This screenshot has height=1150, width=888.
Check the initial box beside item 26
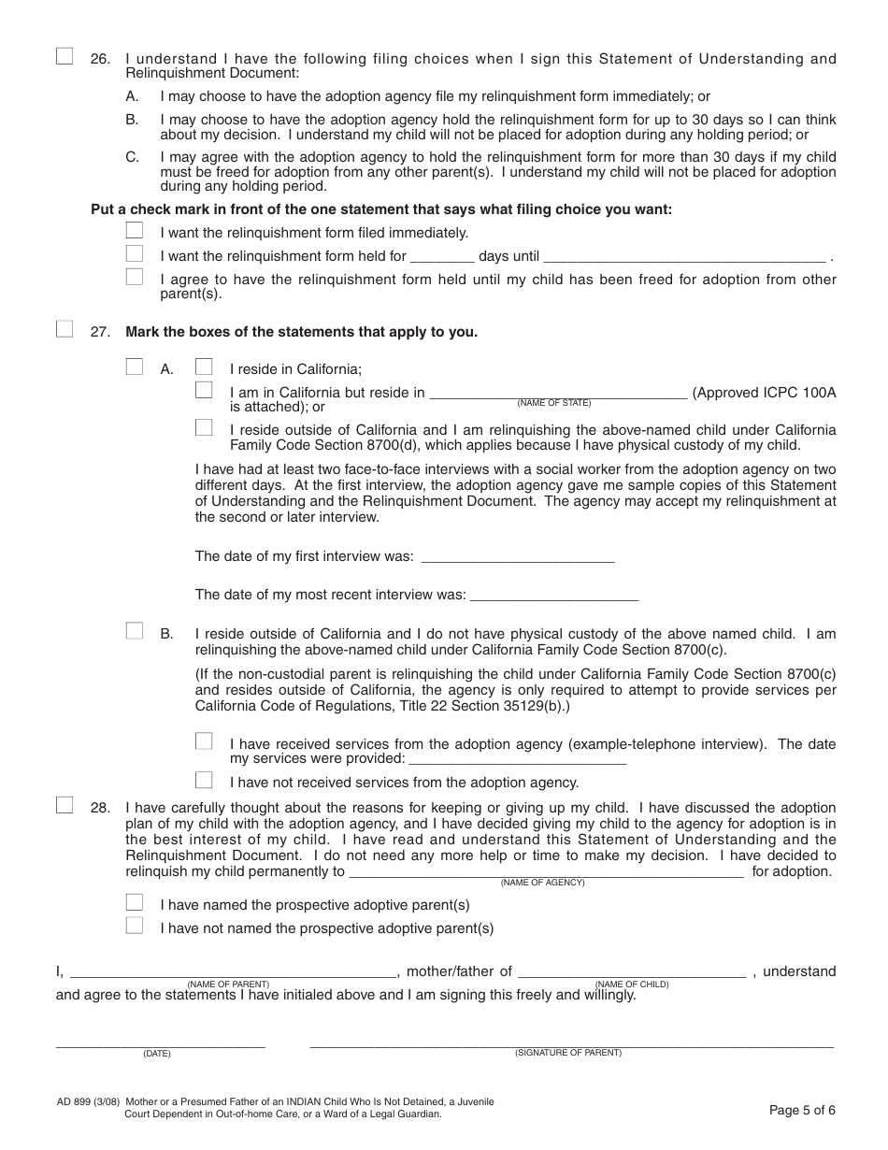pyautogui.click(x=64, y=56)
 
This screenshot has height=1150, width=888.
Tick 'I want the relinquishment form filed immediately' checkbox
pyautogui.click(x=135, y=230)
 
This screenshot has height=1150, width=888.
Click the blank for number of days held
pyautogui.click(x=442, y=256)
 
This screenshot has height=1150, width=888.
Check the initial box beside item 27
pyautogui.click(x=64, y=328)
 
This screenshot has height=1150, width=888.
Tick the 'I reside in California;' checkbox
pyautogui.click(x=204, y=367)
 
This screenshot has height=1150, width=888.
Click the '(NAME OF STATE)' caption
pyautogui.click(x=554, y=403)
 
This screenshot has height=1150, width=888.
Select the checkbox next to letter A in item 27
pyautogui.click(x=135, y=367)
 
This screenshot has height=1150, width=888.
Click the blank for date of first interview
pyautogui.click(x=518, y=556)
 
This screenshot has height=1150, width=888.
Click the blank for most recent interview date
pyautogui.click(x=553, y=595)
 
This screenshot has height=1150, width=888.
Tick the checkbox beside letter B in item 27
pyautogui.click(x=135, y=631)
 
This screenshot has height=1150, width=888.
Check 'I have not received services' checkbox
pyautogui.click(x=204, y=780)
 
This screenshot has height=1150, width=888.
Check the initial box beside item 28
pyautogui.click(x=64, y=805)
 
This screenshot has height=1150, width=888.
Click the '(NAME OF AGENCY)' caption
pyautogui.click(x=542, y=883)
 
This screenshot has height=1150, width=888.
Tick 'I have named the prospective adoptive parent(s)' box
pyautogui.click(x=135, y=902)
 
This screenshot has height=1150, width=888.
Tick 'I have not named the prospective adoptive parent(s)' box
pyautogui.click(x=135, y=926)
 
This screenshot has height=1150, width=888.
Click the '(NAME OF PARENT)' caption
pyautogui.click(x=228, y=984)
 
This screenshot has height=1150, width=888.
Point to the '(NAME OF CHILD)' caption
pyautogui.click(x=632, y=984)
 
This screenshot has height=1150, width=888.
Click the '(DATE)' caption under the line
pyautogui.click(x=156, y=1054)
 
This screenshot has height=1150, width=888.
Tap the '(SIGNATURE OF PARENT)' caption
pyautogui.click(x=567, y=1053)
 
